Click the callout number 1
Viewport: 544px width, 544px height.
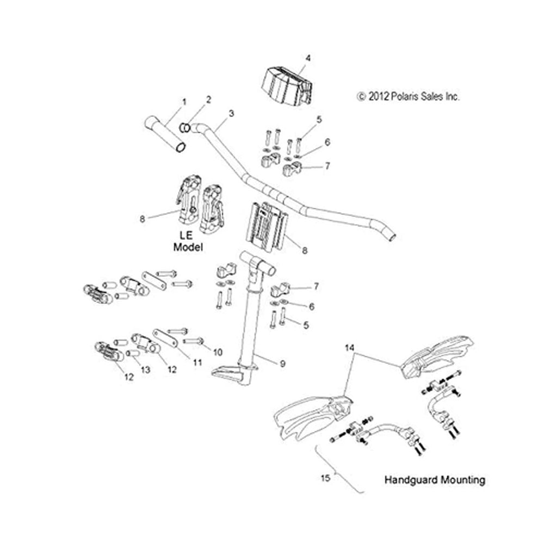click(184, 102)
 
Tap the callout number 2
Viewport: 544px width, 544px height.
click(208, 100)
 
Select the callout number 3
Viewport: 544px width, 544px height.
click(231, 114)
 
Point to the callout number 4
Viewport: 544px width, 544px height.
click(308, 58)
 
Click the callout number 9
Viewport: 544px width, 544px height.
click(282, 363)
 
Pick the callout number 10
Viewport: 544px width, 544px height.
click(218, 353)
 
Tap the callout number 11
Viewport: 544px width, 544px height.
click(197, 362)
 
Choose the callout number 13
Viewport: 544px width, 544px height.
click(145, 370)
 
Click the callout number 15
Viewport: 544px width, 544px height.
click(325, 478)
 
